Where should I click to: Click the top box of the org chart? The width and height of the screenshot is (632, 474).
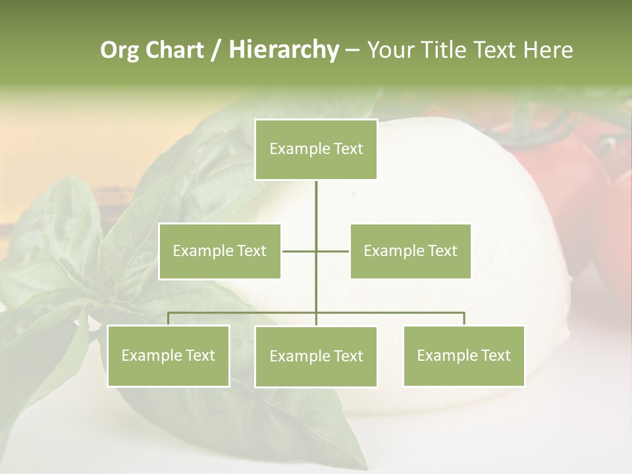tap(316, 149)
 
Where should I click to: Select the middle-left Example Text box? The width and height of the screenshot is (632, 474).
tap(220, 251)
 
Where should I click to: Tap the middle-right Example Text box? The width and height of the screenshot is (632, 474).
tap(410, 251)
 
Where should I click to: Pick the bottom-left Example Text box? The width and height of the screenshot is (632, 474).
tap(168, 355)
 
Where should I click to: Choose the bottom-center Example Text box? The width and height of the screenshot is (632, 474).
tap(316, 356)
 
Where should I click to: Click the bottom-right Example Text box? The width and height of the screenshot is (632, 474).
tap(463, 355)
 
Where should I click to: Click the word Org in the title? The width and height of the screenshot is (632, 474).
tap(119, 50)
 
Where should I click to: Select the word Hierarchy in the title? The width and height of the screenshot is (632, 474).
tap(284, 50)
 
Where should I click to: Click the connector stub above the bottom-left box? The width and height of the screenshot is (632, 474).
tap(168, 319)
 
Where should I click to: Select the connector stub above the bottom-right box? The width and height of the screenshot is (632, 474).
tap(464, 319)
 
